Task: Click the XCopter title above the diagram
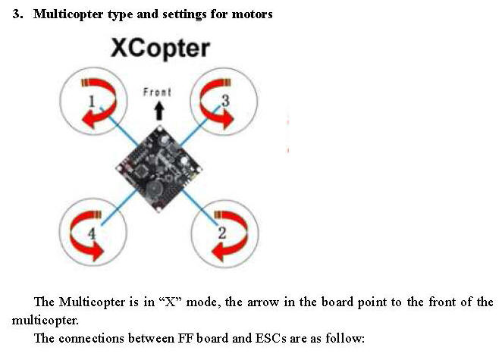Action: tap(160, 49)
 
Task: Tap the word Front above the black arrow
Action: tap(157, 92)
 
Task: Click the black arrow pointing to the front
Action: tap(159, 111)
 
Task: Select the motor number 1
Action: tap(92, 102)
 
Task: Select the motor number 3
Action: tap(225, 101)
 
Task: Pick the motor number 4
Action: tap(92, 233)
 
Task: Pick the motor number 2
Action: tap(222, 233)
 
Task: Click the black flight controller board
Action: tap(158, 169)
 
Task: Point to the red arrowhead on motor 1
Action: tap(89, 120)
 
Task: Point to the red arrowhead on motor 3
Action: tap(227, 120)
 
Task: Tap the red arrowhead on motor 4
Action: tap(96, 252)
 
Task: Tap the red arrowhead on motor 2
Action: tap(220, 252)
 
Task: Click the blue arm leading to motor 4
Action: tap(118, 208)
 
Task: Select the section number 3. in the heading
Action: tap(17, 14)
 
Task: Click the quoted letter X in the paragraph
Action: tap(171, 302)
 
